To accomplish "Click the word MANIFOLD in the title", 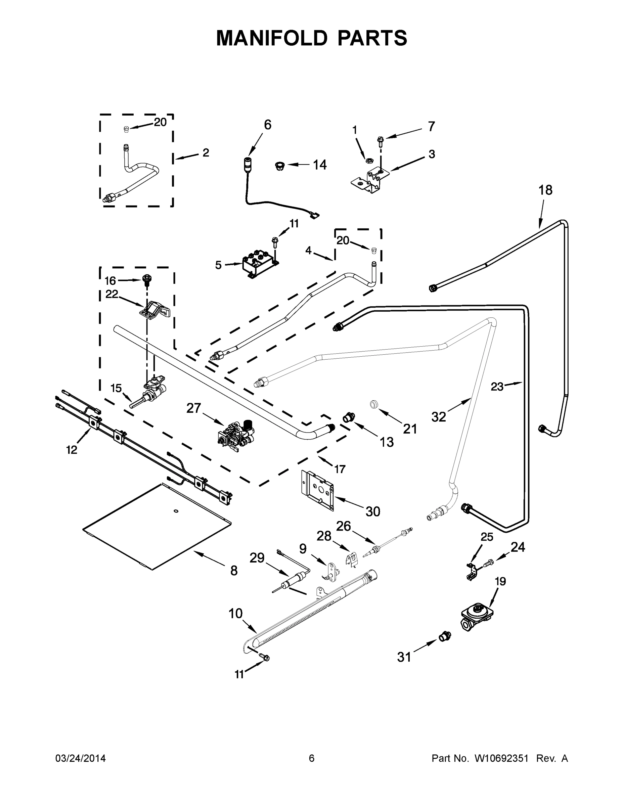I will pos(272,38).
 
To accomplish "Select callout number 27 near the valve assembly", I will pos(193,408).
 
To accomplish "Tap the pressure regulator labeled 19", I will pos(477,617).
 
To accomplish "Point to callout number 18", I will pos(545,190).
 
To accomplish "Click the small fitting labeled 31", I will pos(445,636).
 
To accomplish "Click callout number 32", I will pos(439,417).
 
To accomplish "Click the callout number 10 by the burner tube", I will pos(235,614).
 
